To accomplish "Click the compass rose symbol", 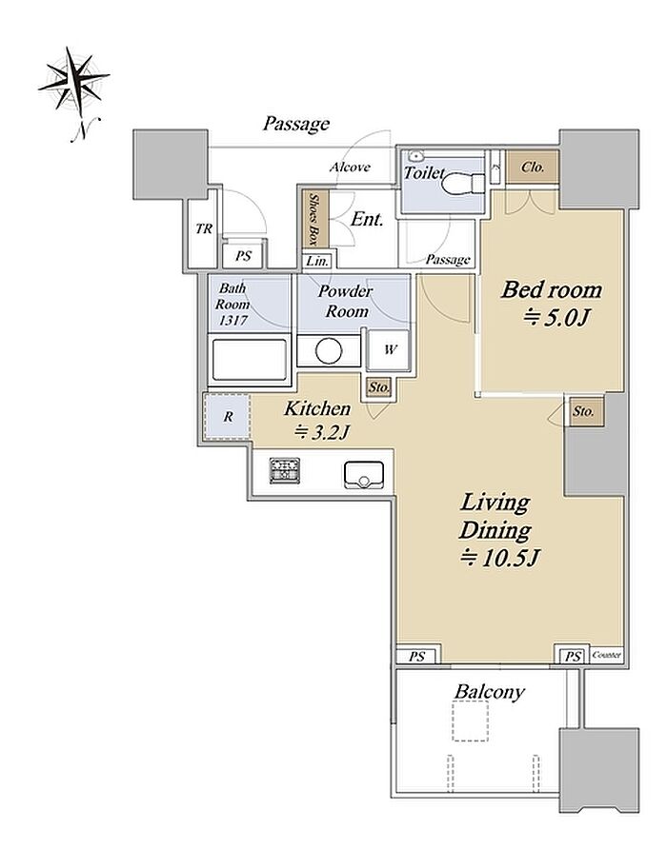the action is click(x=74, y=81).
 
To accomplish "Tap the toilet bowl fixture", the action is click(x=462, y=184).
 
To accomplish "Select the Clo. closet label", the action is click(x=532, y=168).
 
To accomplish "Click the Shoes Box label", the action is click(x=315, y=220).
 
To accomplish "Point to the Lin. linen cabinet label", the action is click(x=317, y=261).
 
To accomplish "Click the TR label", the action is click(x=204, y=229).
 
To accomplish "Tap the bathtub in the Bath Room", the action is click(x=250, y=360).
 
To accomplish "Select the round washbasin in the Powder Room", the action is click(x=329, y=351).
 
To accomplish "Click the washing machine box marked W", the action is click(x=388, y=349).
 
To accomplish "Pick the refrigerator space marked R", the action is click(x=227, y=416).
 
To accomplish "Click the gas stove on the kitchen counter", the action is click(x=285, y=470).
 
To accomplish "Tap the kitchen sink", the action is click(x=363, y=475).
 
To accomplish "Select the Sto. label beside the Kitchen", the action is click(x=379, y=387).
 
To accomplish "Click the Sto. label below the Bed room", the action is click(x=583, y=411).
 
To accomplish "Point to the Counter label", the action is click(x=607, y=655).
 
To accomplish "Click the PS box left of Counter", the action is click(x=573, y=656).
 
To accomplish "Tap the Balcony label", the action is click(x=490, y=692).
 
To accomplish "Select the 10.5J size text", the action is click(x=500, y=557).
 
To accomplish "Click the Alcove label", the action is click(x=350, y=167).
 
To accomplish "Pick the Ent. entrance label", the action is click(x=367, y=219).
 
